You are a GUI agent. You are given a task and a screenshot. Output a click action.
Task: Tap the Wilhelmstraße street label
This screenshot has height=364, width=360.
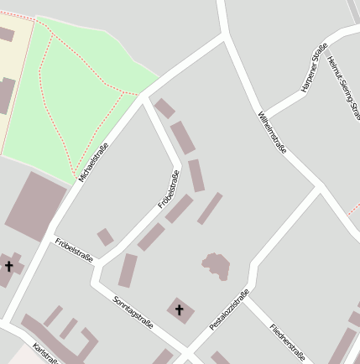274,131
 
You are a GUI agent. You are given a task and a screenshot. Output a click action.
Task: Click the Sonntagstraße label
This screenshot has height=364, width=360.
133,311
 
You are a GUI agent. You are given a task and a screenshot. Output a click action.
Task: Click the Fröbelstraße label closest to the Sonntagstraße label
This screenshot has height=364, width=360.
73,250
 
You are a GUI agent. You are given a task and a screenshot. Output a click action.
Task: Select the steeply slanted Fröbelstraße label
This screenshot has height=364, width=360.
169,190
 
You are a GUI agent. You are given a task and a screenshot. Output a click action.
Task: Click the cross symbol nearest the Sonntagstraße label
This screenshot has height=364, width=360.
179,310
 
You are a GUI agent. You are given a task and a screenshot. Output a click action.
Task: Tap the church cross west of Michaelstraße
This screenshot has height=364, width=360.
9,267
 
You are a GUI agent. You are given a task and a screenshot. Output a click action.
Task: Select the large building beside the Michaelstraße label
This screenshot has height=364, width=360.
35,205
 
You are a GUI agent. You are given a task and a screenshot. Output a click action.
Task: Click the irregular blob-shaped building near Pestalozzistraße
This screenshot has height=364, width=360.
217,267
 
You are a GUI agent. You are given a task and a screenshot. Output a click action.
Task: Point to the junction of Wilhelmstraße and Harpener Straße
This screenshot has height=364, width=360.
265,113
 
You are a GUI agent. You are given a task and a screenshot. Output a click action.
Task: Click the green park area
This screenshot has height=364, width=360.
84,92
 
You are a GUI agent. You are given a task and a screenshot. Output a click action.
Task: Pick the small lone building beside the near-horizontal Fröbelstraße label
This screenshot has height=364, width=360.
105,237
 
